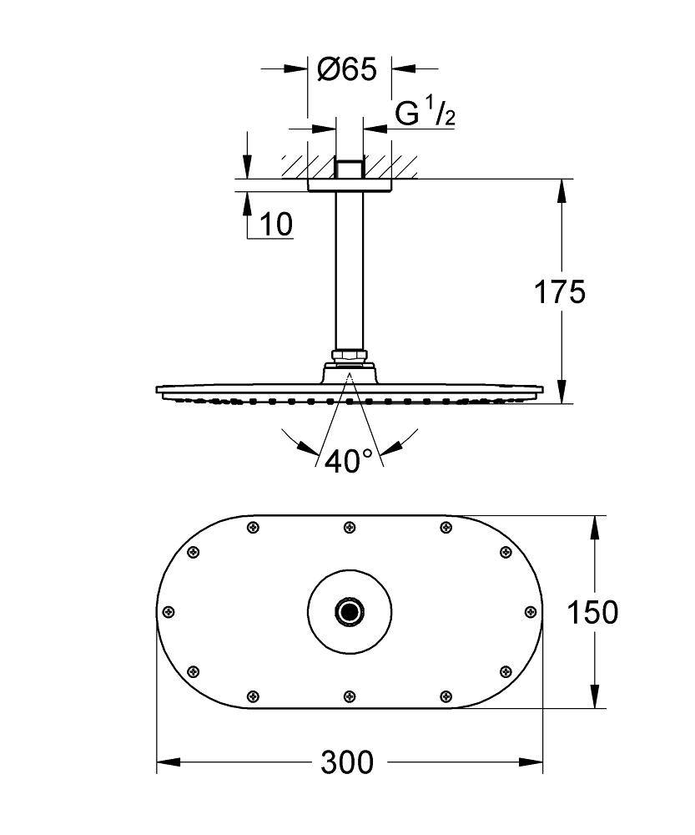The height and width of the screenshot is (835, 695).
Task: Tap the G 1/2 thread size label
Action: [425, 114]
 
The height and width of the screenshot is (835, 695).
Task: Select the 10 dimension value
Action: [276, 224]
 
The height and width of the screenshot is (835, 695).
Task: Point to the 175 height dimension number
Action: [560, 291]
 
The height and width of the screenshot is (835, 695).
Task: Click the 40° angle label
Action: [349, 461]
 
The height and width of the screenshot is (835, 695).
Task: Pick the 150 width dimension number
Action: [592, 612]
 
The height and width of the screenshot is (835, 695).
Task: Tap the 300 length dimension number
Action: [348, 762]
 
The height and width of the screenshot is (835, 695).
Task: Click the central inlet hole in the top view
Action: [349, 612]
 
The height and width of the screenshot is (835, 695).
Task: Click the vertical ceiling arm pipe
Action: [349, 267]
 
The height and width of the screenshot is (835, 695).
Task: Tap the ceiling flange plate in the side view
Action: [349, 185]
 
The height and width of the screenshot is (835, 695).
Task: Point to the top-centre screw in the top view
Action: [349, 527]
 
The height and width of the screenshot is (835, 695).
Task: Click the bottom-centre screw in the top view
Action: [349, 696]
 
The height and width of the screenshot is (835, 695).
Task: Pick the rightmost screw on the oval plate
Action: [529, 611]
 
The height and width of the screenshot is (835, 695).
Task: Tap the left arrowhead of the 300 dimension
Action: [165, 762]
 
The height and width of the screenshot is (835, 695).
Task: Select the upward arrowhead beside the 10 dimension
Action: [248, 200]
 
